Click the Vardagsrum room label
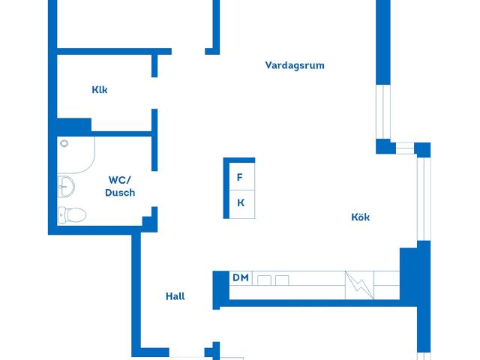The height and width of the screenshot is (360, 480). point(295,65)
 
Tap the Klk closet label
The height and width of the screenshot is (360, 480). point(100,90)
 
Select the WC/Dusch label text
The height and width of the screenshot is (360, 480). point(120,186)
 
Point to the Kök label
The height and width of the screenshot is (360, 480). point(360,217)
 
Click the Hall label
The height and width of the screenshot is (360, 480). point(175,296)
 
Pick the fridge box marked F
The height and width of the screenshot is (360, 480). point(241,176)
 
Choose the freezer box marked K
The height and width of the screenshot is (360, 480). point(241,204)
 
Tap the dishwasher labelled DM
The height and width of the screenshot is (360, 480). point(241,278)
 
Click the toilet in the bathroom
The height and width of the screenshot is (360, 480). point(72,214)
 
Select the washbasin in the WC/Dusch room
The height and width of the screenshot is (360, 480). point(66,187)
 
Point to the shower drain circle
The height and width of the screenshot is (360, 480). point(64,143)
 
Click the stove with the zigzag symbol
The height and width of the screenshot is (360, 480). point(359,285)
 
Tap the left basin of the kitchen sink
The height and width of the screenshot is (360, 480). point(264,280)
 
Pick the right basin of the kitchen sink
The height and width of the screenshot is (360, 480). point(282,280)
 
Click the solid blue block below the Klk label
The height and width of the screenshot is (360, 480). point(74,125)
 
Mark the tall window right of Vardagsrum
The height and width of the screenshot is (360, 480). point(383,112)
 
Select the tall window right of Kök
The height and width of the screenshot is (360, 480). point(424,199)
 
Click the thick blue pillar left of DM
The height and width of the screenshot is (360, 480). point(220,289)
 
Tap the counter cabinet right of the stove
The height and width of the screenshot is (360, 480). point(387,285)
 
